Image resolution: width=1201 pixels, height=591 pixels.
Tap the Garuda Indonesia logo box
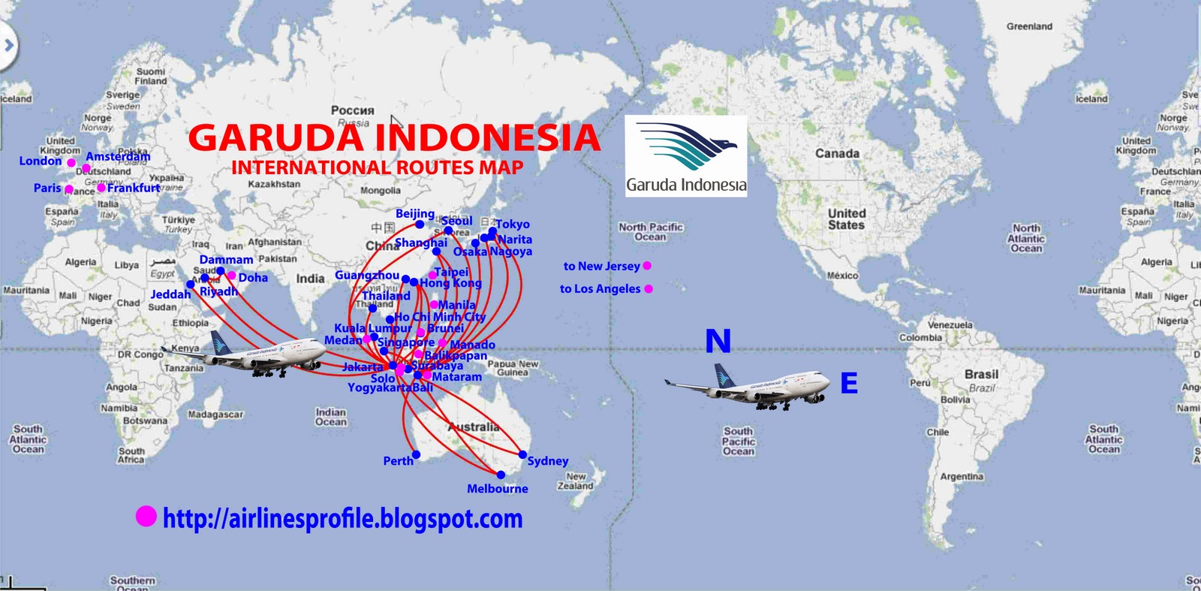(686, 156)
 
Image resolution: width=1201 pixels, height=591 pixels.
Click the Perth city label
(398, 461)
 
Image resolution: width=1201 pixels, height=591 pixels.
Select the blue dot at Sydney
(522, 454)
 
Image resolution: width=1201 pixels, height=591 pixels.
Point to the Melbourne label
(497, 489)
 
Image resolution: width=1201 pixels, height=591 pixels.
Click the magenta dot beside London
(71, 162)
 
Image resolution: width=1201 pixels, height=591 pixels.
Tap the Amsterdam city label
(118, 156)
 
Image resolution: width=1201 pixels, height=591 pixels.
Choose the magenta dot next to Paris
(69, 189)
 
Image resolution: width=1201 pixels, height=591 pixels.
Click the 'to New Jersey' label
(601, 266)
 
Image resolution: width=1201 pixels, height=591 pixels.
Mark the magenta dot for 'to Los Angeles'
(649, 288)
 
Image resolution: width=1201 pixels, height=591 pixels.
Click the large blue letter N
(718, 342)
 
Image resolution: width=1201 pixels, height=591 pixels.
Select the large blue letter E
(849, 383)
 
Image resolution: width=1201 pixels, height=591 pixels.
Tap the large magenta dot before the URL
(146, 516)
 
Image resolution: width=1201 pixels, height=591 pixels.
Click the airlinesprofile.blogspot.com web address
(342, 518)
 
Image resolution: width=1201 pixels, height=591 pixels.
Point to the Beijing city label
(414, 213)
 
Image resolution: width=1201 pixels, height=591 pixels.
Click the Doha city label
(253, 278)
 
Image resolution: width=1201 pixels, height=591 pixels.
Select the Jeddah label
(170, 294)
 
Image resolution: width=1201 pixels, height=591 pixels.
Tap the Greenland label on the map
(1029, 26)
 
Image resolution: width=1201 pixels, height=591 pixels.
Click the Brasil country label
(981, 374)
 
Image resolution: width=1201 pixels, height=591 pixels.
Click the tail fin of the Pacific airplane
(724, 374)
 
